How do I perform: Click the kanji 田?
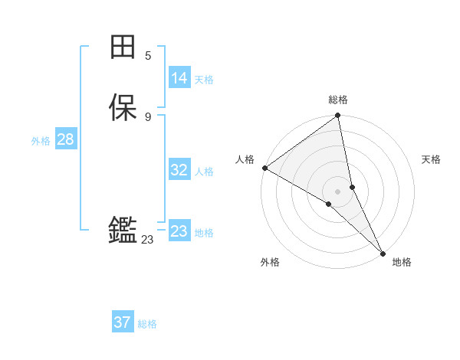(123, 47)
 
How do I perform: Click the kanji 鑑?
(123, 230)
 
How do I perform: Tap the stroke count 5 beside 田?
(148, 55)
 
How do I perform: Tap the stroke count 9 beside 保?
(148, 116)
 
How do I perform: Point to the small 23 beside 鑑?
(147, 240)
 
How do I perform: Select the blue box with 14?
(179, 78)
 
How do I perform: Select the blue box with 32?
(179, 170)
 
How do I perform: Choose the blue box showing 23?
(179, 231)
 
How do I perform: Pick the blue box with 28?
(65, 139)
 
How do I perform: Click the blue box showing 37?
(123, 322)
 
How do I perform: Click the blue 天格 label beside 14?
(204, 79)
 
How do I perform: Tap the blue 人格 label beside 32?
(204, 171)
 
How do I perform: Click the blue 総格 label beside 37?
(147, 323)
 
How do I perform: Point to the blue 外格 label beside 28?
(41, 140)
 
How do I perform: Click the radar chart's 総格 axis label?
(338, 100)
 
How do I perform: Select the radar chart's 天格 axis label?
(431, 159)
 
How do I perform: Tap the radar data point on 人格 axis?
(264, 168)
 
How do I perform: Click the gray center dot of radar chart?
(338, 191)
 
